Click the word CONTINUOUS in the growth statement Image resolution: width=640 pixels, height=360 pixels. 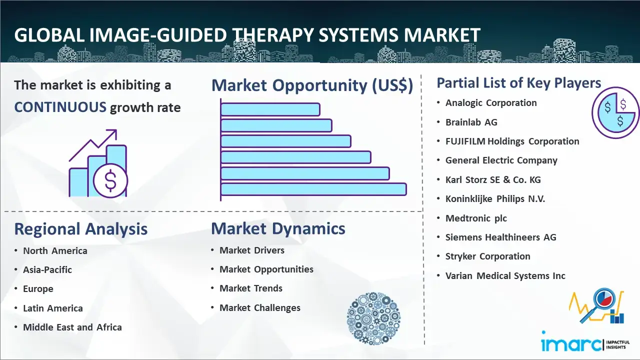coord(60,107)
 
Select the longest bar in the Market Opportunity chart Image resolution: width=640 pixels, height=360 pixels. coord(313,189)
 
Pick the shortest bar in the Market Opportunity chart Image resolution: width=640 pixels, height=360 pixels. coord(270,109)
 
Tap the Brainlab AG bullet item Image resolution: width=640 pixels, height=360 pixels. coord(471,122)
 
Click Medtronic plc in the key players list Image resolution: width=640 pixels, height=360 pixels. coord(476,218)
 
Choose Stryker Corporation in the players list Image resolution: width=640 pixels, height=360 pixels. coord(487,256)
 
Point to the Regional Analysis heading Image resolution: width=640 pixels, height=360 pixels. coord(81,229)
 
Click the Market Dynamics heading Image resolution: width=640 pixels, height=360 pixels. coord(278,228)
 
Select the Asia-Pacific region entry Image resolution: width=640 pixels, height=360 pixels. coord(47,269)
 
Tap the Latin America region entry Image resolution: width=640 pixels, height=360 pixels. coord(53,308)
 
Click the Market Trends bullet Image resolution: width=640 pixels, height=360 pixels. coord(251,288)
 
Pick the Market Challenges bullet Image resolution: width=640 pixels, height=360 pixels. coord(259,307)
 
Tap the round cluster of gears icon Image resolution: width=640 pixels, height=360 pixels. coord(373,318)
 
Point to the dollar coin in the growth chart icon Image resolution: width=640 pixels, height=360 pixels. coord(110,181)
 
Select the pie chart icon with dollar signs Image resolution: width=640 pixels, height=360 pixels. coord(615,112)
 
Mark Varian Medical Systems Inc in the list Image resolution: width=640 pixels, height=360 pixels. coord(505,275)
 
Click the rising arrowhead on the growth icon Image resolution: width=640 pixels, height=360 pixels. coord(112,133)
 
